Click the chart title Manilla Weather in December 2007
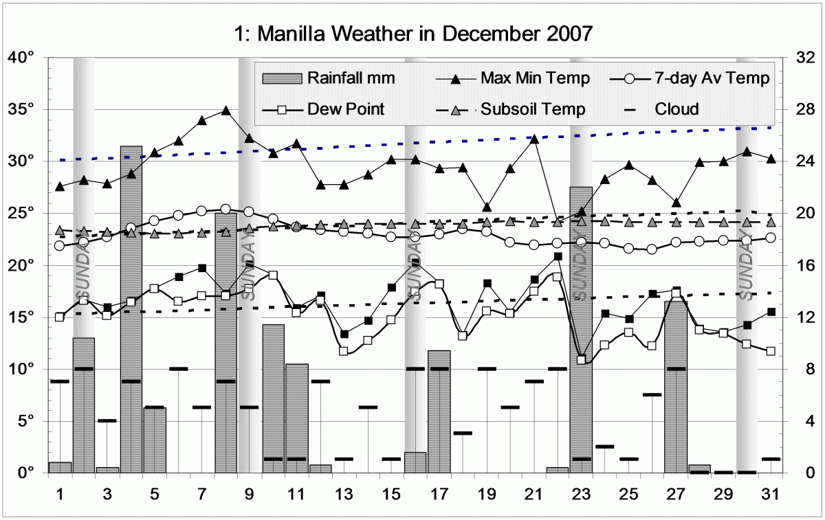412,32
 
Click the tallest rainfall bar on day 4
131,309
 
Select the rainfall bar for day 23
581,330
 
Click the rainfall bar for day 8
225,343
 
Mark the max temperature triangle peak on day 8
225,110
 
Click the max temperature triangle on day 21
534,139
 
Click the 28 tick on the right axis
804,110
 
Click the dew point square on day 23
582,360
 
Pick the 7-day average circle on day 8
225,209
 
